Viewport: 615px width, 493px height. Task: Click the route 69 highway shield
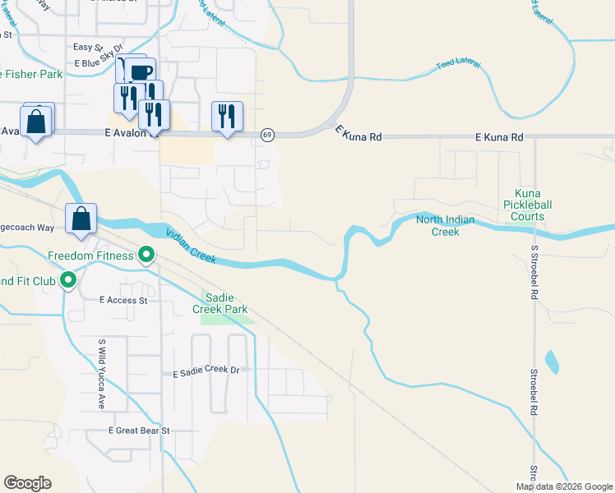coord(267,135)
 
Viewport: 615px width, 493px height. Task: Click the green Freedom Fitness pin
coord(147,256)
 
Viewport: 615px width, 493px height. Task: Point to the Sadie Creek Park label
coord(220,303)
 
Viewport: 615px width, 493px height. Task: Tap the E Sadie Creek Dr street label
coord(206,371)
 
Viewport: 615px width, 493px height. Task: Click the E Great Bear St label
coord(138,431)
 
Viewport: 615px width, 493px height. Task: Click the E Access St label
coord(122,301)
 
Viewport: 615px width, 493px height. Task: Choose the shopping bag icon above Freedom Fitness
coord(81,219)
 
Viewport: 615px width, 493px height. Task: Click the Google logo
coord(27,483)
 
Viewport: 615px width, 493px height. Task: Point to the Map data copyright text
coord(564,486)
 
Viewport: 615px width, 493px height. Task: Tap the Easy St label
coord(87,48)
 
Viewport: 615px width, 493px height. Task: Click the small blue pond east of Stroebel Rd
coord(551,361)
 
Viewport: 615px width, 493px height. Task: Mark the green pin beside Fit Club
coord(69,281)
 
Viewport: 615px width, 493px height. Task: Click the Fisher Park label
coord(33,74)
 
